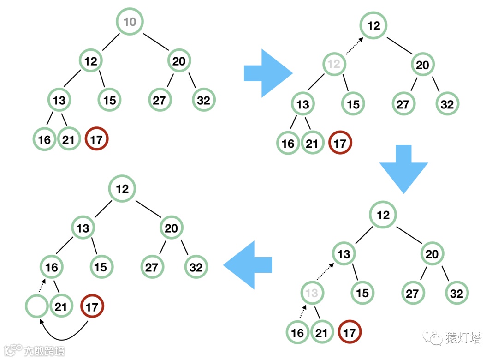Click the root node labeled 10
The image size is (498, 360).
[x=130, y=22]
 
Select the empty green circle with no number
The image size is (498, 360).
[x=37, y=306]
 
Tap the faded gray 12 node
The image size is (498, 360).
[x=334, y=64]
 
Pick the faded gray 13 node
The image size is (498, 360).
[x=312, y=293]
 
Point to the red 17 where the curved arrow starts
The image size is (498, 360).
[x=92, y=307]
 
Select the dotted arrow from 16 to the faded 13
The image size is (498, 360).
[x=302, y=312]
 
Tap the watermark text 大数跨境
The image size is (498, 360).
[x=44, y=350]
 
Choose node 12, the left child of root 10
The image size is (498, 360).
[x=91, y=60]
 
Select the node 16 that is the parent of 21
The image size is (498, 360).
[x=52, y=267]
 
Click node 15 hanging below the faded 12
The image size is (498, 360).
[x=353, y=104]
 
